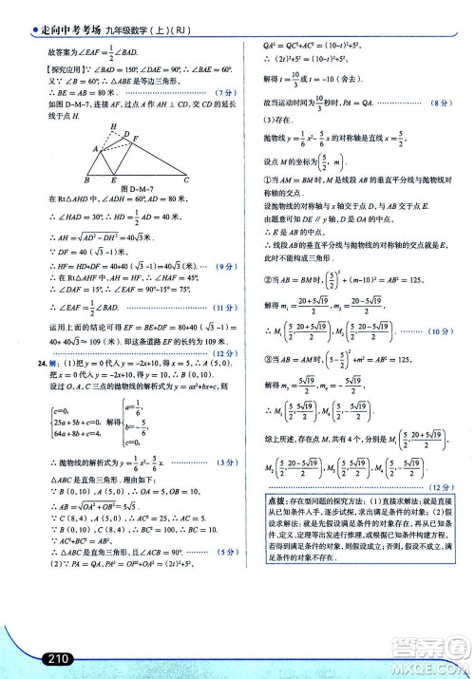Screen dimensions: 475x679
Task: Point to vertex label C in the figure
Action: (x=186, y=179)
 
